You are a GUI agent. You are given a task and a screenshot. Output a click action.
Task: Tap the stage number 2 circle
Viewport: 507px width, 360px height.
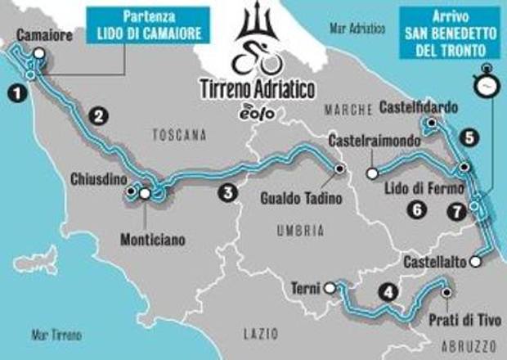[x=100, y=116]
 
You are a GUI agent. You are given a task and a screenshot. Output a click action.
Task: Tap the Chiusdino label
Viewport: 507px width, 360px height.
[x=98, y=178]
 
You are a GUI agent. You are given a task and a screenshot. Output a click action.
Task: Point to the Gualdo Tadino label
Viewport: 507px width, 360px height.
[x=295, y=197]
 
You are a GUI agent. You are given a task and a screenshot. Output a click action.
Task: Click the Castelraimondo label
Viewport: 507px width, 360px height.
[x=367, y=142]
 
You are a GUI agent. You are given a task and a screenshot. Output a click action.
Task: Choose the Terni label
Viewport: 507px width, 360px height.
[x=304, y=287]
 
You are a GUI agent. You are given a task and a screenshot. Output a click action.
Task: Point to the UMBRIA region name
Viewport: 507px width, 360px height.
[x=295, y=232]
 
